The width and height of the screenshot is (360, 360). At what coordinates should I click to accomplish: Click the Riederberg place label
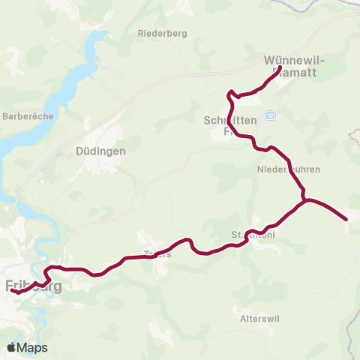pos(162,33)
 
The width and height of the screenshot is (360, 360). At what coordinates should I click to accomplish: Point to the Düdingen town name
pos(100,150)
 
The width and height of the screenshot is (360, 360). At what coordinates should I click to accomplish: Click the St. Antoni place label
pos(253,235)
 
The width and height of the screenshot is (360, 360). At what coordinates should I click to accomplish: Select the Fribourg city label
pos(33,286)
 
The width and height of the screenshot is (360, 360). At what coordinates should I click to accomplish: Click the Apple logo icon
pos(12,347)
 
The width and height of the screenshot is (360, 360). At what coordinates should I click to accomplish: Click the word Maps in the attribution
pos(32,347)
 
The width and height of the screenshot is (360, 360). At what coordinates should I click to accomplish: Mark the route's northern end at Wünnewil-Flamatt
pos(280,68)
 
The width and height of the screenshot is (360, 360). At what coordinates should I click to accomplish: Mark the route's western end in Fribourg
pos(13,292)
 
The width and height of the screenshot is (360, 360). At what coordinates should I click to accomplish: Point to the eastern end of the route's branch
pos(346,219)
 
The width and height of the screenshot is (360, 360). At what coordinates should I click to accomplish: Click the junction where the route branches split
pos(304,200)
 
